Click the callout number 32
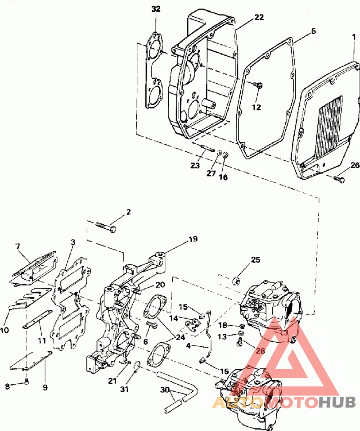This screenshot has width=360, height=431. pyautogui.click(x=156, y=9)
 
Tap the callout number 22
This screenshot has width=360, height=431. pyautogui.click(x=259, y=17)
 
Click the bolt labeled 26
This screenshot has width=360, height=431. pyautogui.click(x=339, y=179)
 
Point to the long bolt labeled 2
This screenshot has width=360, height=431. pyautogui.click(x=106, y=227)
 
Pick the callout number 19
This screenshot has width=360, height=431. pyautogui.click(x=193, y=239)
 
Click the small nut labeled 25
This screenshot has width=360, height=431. pyautogui.click(x=236, y=281)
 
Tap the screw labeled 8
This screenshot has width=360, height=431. pyautogui.click(x=27, y=381)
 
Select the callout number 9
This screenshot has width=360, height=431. pyautogui.click(x=45, y=388)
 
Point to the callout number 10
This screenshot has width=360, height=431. pyautogui.click(x=4, y=330)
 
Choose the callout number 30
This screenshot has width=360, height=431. pyautogui.click(x=165, y=390)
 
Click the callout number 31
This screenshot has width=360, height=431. pyautogui.click(x=124, y=389)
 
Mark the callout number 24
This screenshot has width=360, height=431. pyautogui.click(x=180, y=337)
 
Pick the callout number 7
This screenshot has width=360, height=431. pyautogui.click(x=18, y=246)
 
